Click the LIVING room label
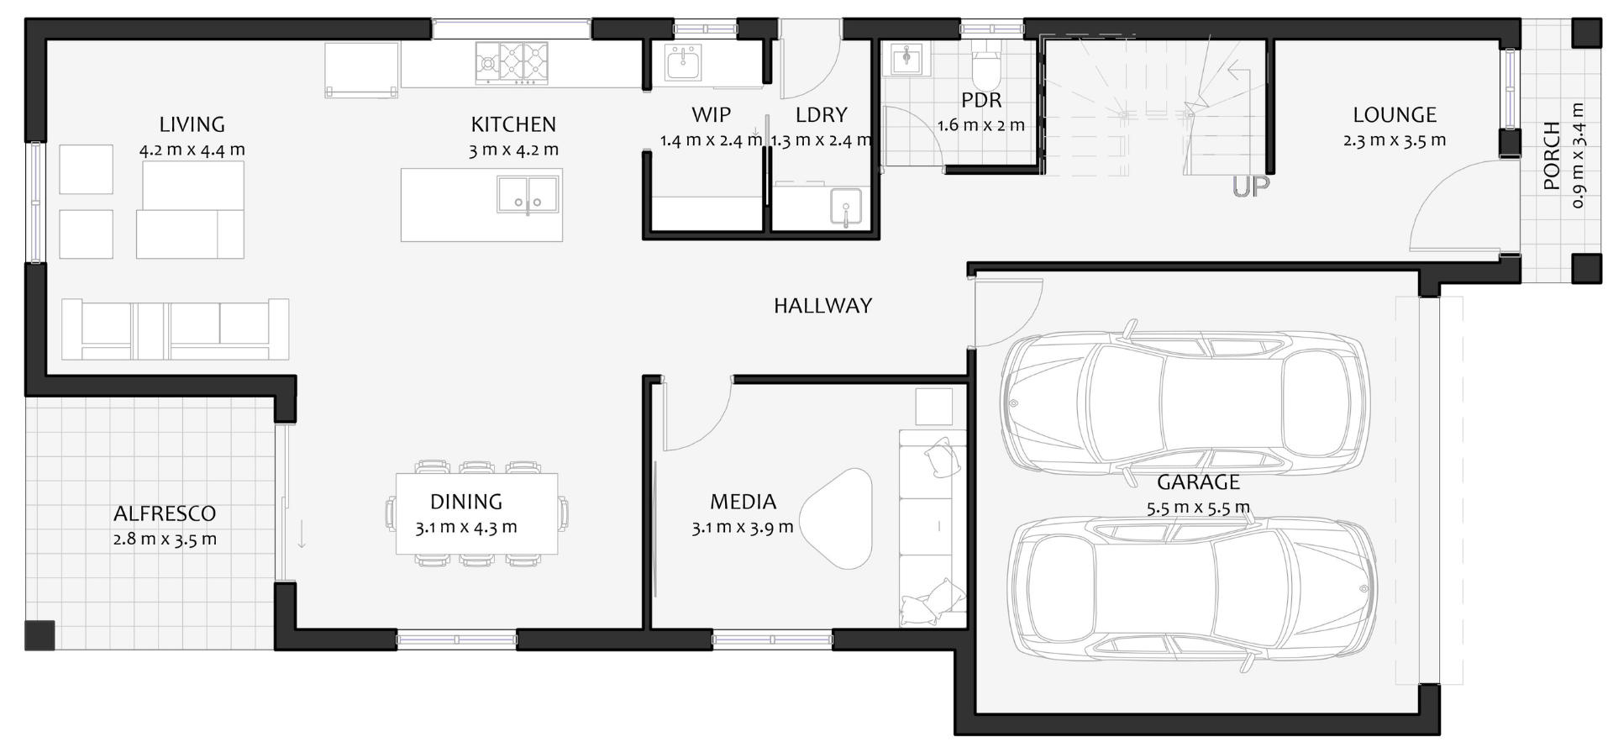[x=192, y=124]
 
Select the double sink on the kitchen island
[x=528, y=194]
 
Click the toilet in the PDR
[x=985, y=70]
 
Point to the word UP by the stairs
[x=1251, y=187]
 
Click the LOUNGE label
[x=1395, y=114]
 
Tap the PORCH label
[x=1552, y=155]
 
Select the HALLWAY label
[x=822, y=306]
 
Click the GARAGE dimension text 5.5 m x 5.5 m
[x=1198, y=508]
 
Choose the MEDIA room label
[x=743, y=502]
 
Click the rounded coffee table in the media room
[x=836, y=518]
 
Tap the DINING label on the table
[x=466, y=502]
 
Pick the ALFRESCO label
[x=165, y=513]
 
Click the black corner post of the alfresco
[x=39, y=635]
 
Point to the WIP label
[x=712, y=114]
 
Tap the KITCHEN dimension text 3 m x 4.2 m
[x=513, y=150]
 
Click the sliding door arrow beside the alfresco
[x=302, y=534]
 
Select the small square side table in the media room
[x=933, y=407]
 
